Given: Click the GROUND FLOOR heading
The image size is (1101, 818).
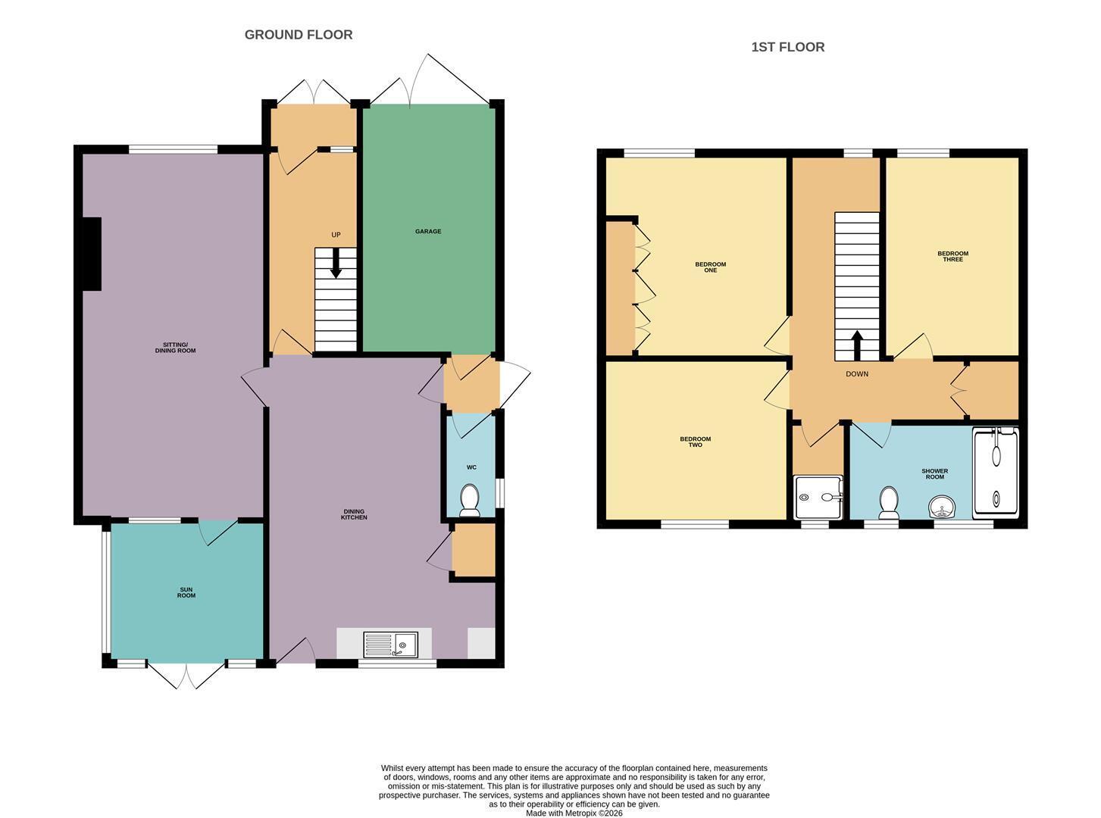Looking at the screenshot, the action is click(x=299, y=35).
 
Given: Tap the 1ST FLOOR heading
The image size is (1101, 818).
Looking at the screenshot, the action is click(x=788, y=47).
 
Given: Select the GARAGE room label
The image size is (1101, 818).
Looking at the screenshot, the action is click(x=428, y=231).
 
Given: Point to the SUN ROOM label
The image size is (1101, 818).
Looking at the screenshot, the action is click(x=186, y=592).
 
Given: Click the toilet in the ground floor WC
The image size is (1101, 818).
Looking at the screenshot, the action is click(x=469, y=501).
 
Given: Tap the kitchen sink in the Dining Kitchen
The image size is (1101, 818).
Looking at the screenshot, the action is click(x=390, y=645).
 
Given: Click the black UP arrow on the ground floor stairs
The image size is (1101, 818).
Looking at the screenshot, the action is click(x=336, y=263).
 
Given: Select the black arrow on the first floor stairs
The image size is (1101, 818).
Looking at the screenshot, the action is click(x=857, y=345).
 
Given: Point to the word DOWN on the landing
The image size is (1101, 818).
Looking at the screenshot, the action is click(x=857, y=373).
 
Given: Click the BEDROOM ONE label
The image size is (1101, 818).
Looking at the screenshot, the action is click(x=710, y=267).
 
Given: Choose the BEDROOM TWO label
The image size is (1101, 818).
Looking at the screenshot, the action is click(x=695, y=442).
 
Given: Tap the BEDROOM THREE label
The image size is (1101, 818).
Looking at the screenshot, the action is click(x=952, y=256).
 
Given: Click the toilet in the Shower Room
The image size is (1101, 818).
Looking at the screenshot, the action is click(x=889, y=502).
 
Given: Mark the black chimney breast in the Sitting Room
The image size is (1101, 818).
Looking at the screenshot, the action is click(x=92, y=254).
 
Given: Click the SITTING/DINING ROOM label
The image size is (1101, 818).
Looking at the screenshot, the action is click(x=175, y=348).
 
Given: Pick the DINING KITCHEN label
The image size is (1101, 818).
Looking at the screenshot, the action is click(x=354, y=514).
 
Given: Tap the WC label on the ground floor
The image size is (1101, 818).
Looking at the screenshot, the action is click(x=471, y=467).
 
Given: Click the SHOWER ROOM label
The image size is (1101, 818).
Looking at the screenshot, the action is click(x=935, y=473).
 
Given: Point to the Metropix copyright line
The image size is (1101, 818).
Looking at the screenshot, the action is click(x=574, y=813).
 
